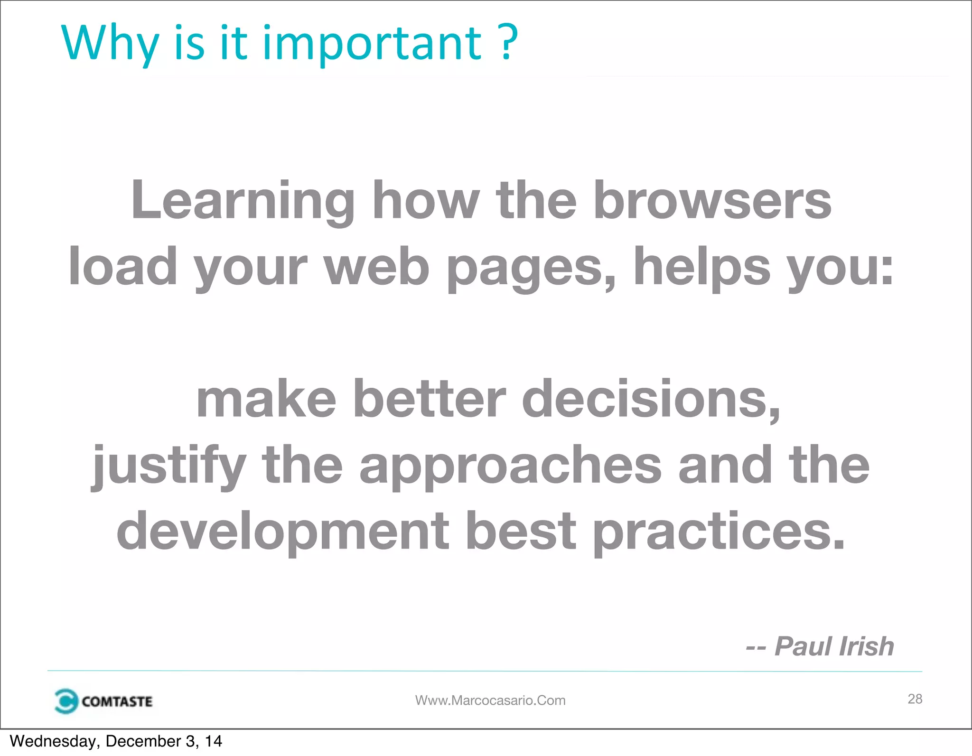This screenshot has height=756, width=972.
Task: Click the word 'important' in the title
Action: click(372, 44)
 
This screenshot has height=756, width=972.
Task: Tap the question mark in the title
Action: click(509, 43)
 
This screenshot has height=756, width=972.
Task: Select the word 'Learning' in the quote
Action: click(243, 201)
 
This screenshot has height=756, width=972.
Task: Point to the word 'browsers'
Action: click(712, 201)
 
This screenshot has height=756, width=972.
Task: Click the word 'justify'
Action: click(169, 466)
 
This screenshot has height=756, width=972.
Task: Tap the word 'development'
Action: click(283, 532)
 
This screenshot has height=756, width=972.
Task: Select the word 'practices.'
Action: click(719, 532)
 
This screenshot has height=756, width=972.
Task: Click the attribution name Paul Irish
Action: click(834, 646)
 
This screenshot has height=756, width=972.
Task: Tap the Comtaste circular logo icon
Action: click(65, 701)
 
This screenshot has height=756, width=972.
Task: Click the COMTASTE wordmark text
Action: click(117, 701)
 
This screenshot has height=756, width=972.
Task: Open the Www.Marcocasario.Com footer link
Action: click(490, 700)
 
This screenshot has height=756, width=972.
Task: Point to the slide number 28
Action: click(915, 699)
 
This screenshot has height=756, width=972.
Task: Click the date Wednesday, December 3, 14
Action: click(116, 741)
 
